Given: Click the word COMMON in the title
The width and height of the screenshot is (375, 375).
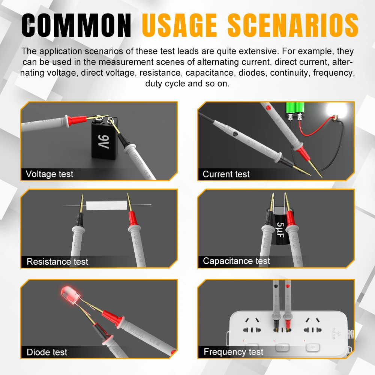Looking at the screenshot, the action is [x=76, y=25].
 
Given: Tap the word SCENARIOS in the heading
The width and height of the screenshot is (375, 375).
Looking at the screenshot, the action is [x=293, y=25].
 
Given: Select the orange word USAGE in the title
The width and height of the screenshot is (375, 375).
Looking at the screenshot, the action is [x=179, y=25].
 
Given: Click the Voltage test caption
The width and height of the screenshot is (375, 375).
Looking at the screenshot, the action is [x=49, y=174].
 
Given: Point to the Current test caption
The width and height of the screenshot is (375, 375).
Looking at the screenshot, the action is [x=226, y=174].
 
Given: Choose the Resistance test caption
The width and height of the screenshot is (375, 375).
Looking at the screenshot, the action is [x=57, y=261].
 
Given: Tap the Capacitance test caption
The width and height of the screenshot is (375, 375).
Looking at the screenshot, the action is [x=236, y=261].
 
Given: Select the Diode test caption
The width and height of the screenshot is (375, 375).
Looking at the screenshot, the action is [x=47, y=352].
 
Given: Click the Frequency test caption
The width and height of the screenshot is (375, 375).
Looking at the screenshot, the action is [x=233, y=352].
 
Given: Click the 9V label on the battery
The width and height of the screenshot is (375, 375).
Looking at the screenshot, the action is [x=104, y=142].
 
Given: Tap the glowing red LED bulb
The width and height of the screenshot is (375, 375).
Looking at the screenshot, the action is [x=70, y=295].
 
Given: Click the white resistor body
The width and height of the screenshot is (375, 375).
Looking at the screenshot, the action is [x=106, y=205].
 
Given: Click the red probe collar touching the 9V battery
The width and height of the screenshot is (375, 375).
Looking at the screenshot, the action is [x=77, y=120].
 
